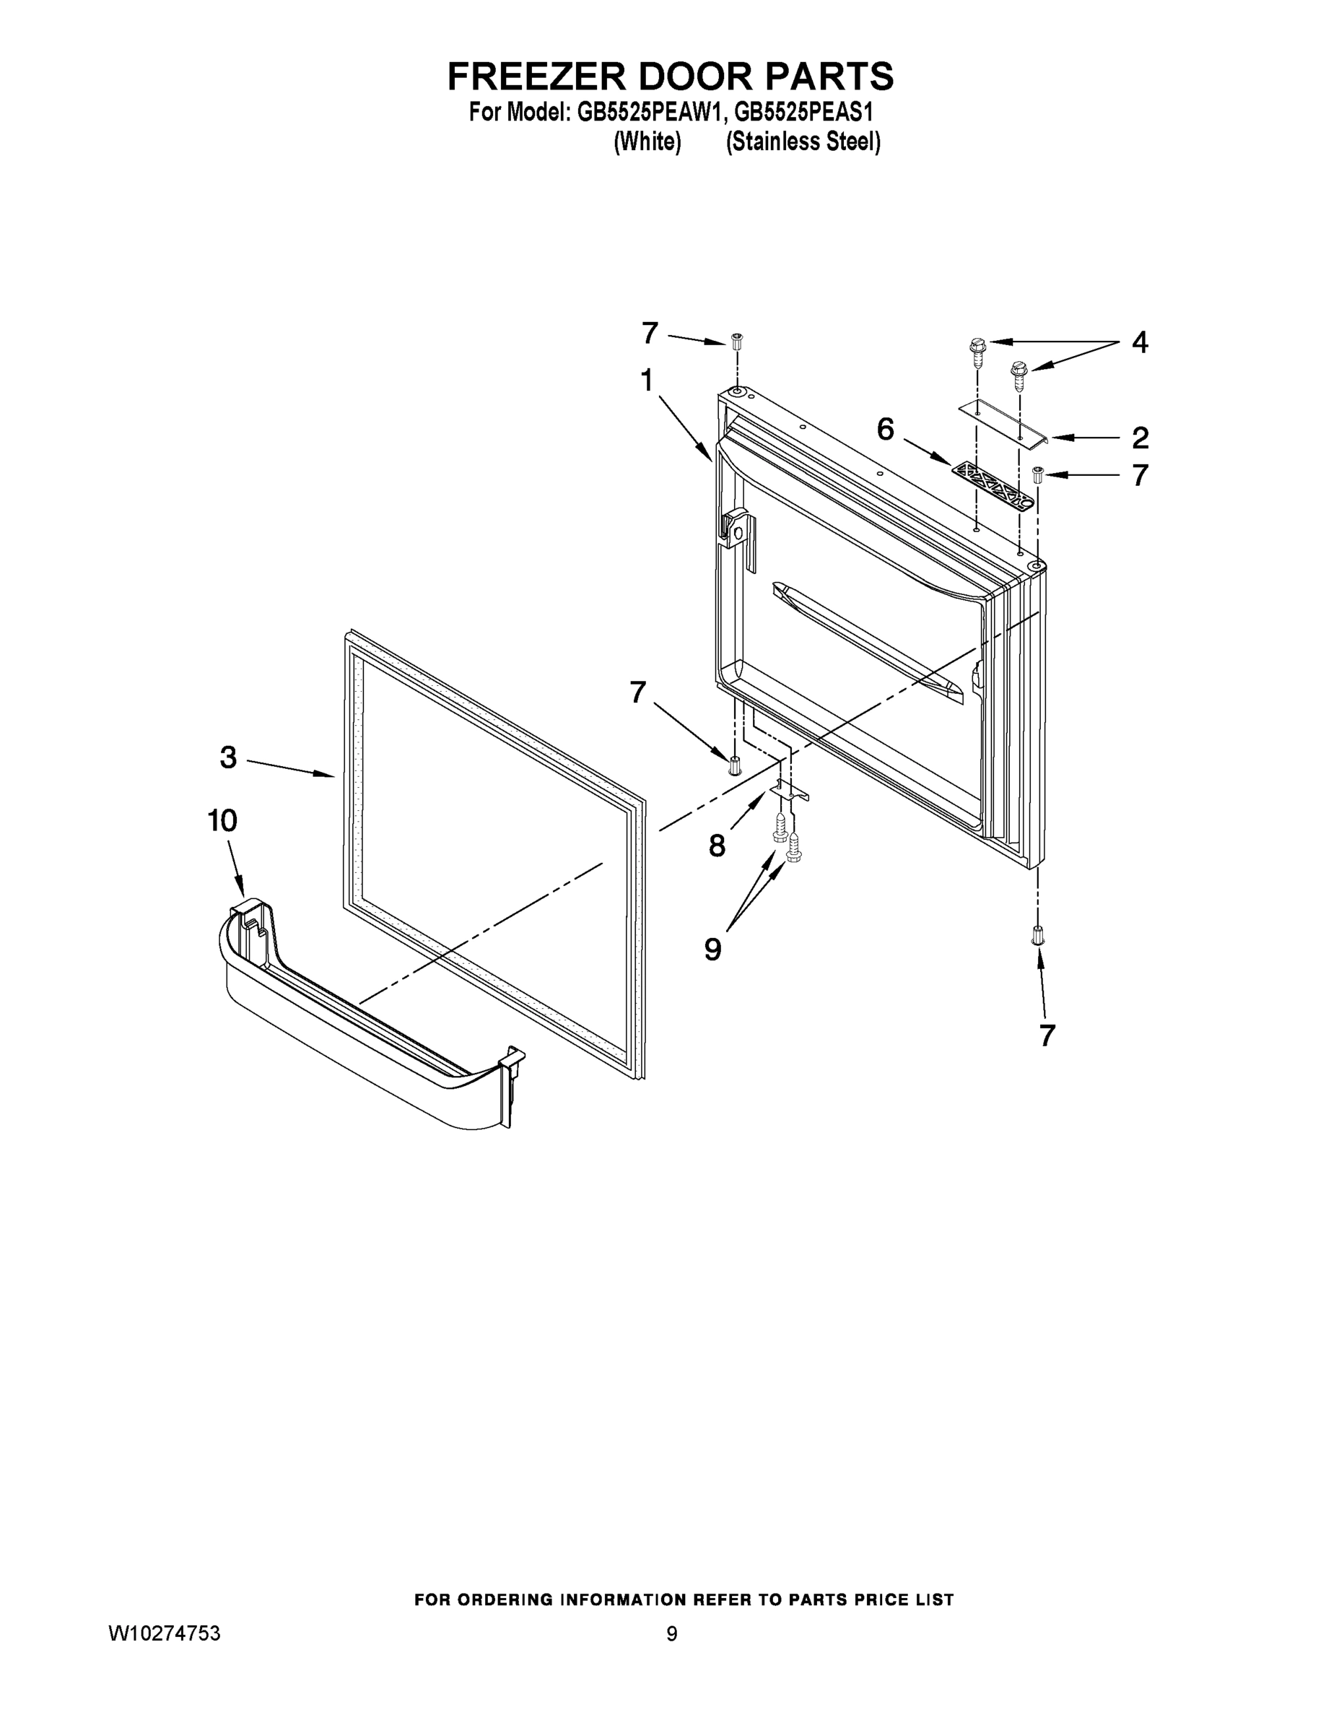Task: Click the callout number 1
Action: coord(647,381)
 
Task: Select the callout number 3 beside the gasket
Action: coord(228,757)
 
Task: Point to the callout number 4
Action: coord(1139,343)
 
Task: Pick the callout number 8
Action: coord(716,846)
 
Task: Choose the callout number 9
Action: coord(713,948)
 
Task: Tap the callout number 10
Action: coord(222,820)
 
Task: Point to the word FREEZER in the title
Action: coord(538,77)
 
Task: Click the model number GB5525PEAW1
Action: coord(650,113)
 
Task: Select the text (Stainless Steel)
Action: coord(803,142)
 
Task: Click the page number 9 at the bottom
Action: coord(672,1634)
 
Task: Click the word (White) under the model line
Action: coord(648,142)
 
